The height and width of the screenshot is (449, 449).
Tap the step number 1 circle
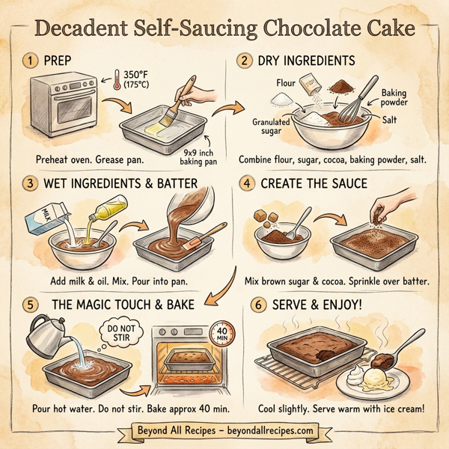point(30,61)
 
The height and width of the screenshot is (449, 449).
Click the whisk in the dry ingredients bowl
point(352,105)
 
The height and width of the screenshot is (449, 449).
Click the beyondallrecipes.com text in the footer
point(274,432)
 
